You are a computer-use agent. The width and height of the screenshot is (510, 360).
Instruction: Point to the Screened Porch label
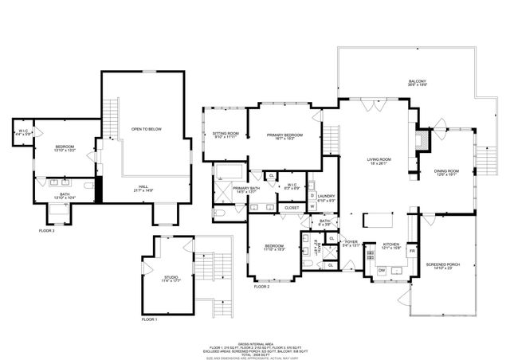(x=440, y=265)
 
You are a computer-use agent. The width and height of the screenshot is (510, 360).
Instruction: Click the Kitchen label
(x=390, y=246)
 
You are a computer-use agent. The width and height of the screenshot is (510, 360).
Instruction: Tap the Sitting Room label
(x=226, y=135)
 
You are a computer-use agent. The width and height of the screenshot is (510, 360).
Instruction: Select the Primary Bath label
(x=245, y=190)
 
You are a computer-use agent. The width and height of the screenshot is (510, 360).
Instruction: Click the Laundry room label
(x=325, y=198)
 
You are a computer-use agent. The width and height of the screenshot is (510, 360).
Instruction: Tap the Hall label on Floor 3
(x=144, y=187)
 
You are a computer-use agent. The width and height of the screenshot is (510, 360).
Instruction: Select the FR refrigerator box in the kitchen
(x=412, y=251)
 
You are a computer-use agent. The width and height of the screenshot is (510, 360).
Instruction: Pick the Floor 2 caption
(x=262, y=286)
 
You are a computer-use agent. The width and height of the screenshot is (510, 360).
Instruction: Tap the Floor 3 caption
(x=47, y=231)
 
